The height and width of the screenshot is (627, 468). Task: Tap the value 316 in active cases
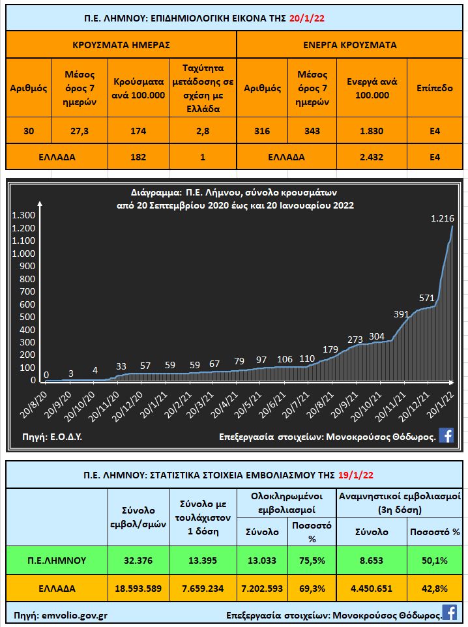click(263, 131)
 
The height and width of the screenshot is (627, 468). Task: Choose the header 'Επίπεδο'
click(435, 88)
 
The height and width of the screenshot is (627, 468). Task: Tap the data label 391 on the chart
click(383, 313)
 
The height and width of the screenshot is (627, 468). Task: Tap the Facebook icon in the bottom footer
click(449, 612)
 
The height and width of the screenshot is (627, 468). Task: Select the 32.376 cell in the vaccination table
click(138, 559)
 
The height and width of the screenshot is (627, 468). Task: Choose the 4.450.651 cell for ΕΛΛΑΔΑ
click(372, 588)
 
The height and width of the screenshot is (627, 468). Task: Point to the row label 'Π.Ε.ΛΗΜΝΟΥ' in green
click(57, 559)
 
